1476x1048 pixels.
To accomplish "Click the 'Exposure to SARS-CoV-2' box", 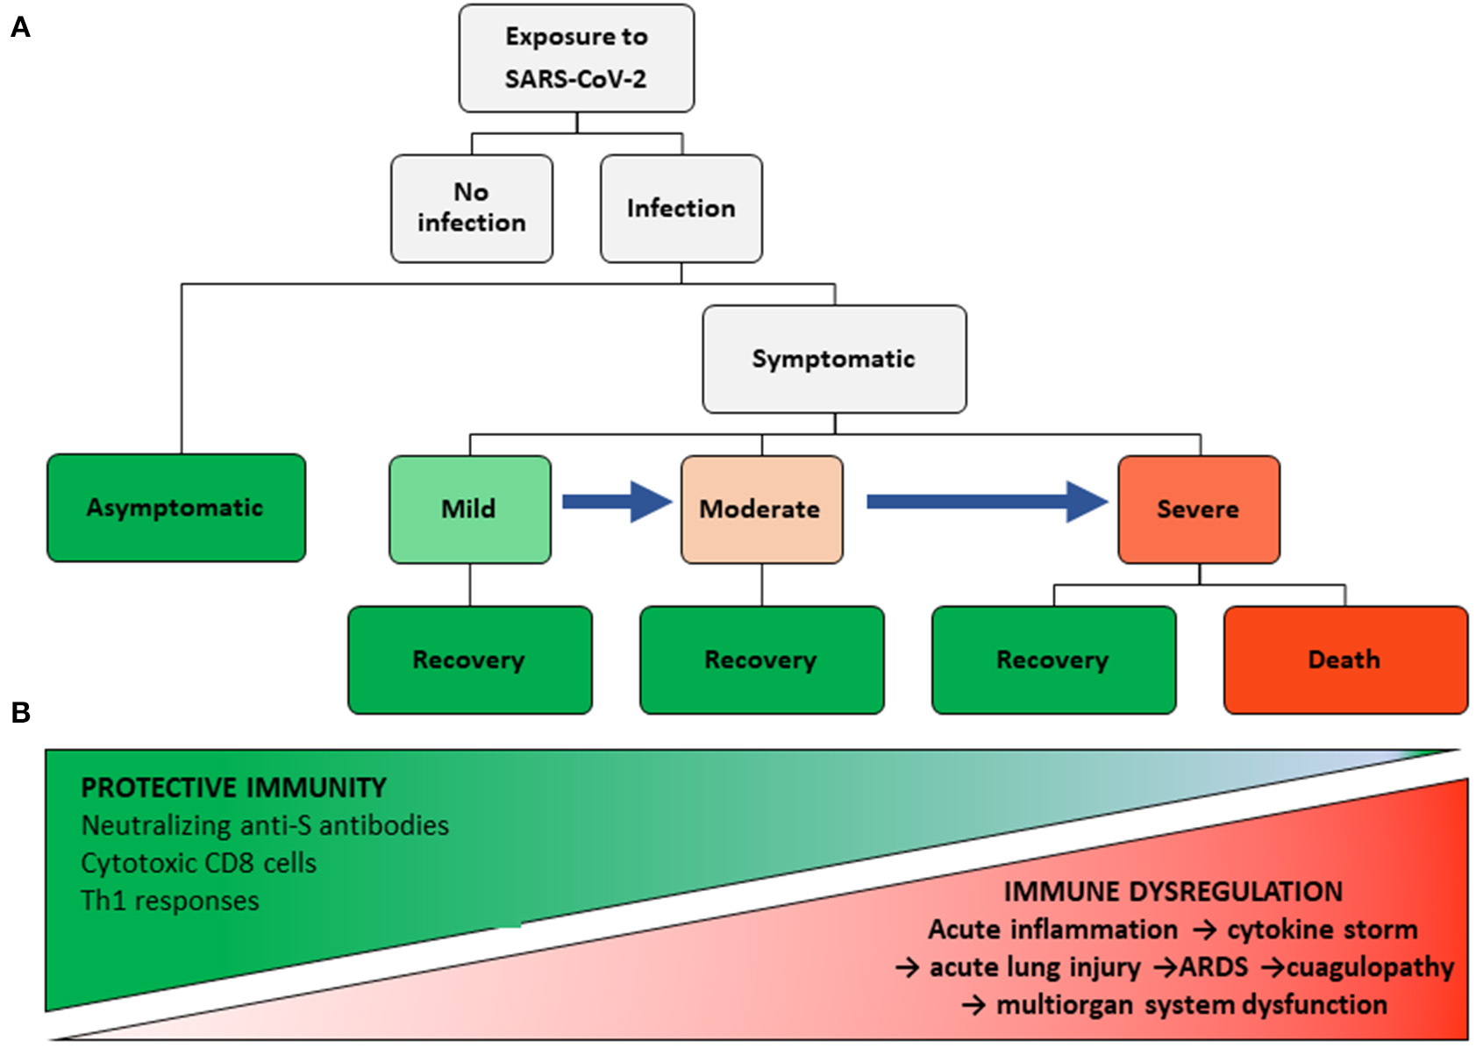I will [x=576, y=58].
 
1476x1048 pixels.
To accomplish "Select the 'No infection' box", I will [x=472, y=208].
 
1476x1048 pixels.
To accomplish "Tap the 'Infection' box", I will [x=681, y=208].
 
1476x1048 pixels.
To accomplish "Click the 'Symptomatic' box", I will [x=834, y=359].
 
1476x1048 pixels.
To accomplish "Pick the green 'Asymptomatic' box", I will [x=175, y=508].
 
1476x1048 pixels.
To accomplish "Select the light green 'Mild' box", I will [x=469, y=509].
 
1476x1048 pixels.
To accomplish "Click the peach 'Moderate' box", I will [x=761, y=509].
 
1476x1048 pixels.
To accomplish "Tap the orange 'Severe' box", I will [x=1198, y=509].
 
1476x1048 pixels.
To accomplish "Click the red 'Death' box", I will [x=1344, y=659].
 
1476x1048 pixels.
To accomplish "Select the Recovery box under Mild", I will [x=469, y=659].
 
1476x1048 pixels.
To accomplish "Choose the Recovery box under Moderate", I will [x=761, y=659].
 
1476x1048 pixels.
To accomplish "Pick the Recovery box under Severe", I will [x=1053, y=659].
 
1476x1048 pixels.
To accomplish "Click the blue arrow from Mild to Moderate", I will [x=617, y=502].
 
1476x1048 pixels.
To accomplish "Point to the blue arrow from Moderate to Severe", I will [x=987, y=502].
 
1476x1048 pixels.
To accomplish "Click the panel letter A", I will [x=20, y=28].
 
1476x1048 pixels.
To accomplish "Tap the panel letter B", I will [x=20, y=713].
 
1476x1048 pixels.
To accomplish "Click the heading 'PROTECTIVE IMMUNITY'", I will [x=233, y=788].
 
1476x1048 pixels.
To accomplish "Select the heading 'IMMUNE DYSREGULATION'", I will [x=1173, y=891].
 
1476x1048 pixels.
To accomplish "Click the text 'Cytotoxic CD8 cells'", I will [x=198, y=863].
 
